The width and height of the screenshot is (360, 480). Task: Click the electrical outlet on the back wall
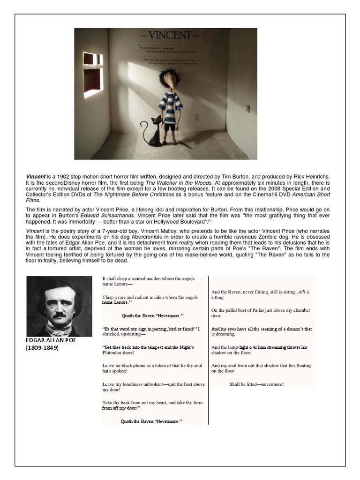197,117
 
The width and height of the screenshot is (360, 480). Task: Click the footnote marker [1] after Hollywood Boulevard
210,220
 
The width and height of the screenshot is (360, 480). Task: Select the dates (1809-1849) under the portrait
42,348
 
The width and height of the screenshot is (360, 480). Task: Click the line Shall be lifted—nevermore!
256,384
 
